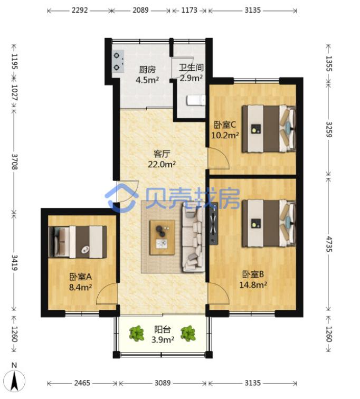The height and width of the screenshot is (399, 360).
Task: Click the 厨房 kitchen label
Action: pos(147,70)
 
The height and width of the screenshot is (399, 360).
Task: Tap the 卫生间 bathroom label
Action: pos(191,68)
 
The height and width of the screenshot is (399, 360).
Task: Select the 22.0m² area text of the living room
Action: pos(162,165)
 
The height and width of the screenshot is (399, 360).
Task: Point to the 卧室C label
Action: pos(225,125)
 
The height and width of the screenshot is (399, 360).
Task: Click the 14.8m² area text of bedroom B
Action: pos(253,284)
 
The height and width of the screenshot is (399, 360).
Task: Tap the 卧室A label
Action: pos(80,277)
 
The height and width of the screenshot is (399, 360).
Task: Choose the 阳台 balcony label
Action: pos(163,329)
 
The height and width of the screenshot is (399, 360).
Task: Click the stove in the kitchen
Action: pos(118,61)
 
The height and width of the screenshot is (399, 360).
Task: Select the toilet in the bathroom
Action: pos(196,100)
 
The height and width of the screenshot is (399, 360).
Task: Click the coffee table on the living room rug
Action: pos(163,237)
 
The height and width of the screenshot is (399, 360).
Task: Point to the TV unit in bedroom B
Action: pos(213,224)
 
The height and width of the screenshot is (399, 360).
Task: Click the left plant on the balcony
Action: pos(137,334)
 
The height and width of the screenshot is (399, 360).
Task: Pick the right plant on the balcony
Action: pos(188,334)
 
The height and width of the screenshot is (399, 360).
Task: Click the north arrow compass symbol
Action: pos(15,379)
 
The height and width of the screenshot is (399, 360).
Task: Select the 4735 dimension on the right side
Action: pos(329,244)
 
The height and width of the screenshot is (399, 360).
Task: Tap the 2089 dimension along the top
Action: pos(141,10)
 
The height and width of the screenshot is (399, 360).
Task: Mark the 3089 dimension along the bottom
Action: pos(163,383)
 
